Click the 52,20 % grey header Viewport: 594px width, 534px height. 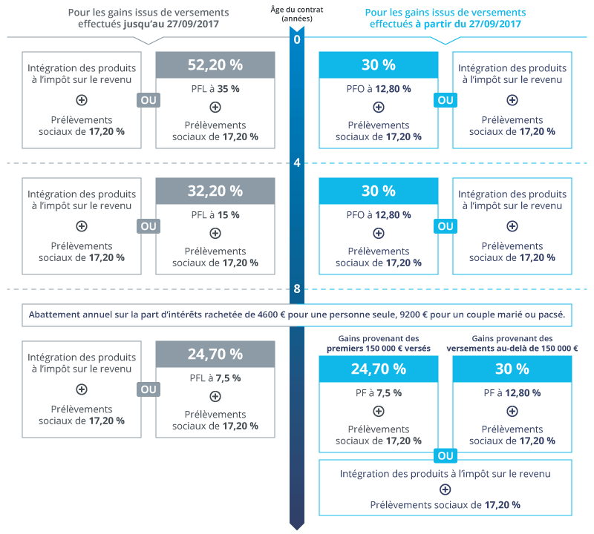(215, 65)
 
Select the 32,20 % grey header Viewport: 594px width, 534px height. (215, 191)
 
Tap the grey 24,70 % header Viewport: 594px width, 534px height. (215, 354)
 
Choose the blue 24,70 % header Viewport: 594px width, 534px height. (378, 369)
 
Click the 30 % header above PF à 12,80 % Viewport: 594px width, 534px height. (512, 369)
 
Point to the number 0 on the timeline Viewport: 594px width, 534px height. (297, 39)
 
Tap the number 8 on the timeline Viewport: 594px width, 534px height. (297, 290)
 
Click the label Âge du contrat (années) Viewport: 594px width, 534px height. (297, 14)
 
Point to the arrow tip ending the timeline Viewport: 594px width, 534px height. (297, 527)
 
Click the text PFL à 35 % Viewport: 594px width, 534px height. (215, 88)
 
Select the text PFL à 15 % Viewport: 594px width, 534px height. (215, 214)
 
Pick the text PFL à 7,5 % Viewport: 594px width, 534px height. (215, 378)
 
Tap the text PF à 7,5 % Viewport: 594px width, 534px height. (378, 392)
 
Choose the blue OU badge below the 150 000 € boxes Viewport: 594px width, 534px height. (446, 455)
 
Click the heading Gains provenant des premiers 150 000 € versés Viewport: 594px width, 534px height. (378, 343)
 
